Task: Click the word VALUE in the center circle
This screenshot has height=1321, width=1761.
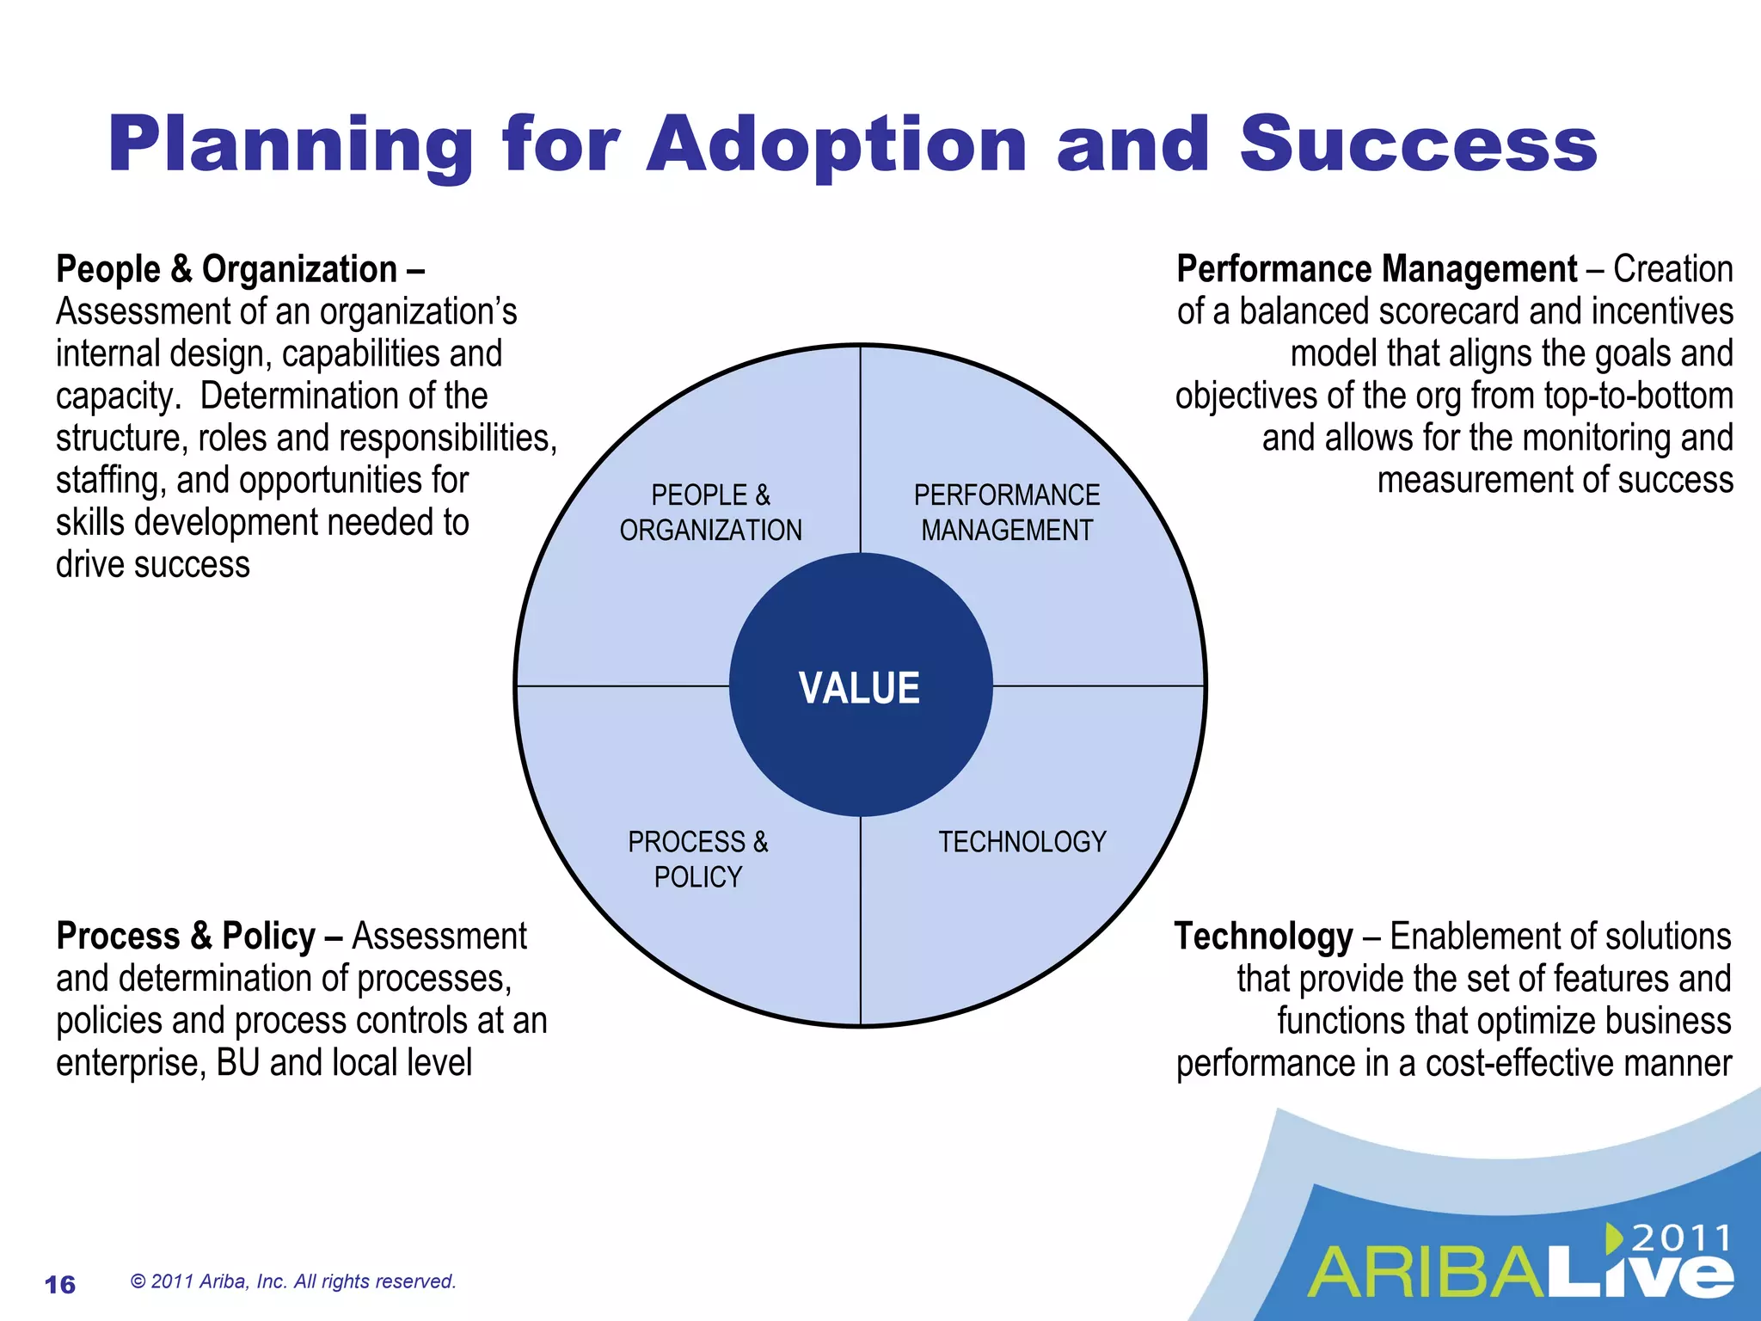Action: (x=859, y=689)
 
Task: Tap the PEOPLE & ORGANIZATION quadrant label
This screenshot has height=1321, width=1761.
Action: (x=710, y=513)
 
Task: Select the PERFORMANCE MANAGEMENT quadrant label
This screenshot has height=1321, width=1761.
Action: (x=1006, y=513)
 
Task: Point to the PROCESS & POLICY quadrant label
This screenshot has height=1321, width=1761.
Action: (x=697, y=859)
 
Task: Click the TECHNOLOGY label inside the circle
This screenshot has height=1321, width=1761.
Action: (x=1022, y=841)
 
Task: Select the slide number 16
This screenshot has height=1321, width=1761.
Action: (x=60, y=1285)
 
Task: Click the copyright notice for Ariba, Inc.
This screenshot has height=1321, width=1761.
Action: (x=292, y=1281)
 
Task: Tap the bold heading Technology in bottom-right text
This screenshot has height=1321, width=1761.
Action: (x=1263, y=937)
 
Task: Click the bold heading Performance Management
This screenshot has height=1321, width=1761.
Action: (x=1376, y=269)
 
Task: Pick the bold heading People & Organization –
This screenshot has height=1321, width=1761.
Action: (x=240, y=269)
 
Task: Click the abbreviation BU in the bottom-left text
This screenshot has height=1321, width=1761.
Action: (x=237, y=1064)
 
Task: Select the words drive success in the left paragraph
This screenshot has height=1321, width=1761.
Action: (x=152, y=565)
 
